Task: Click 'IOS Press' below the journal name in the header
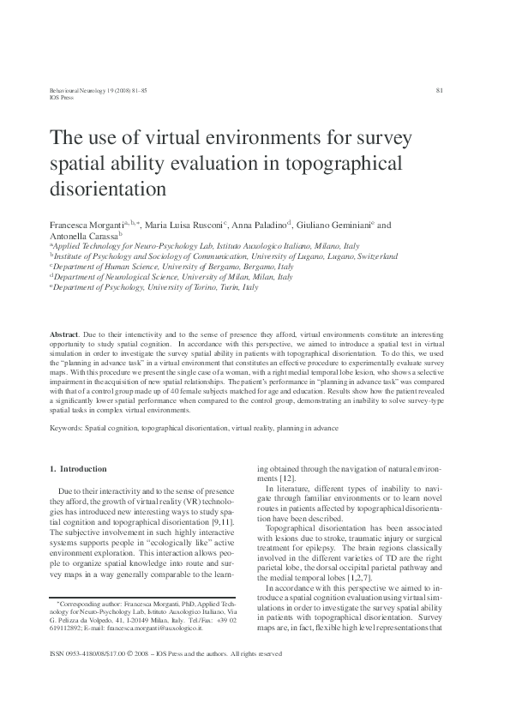tap(39, 98)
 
